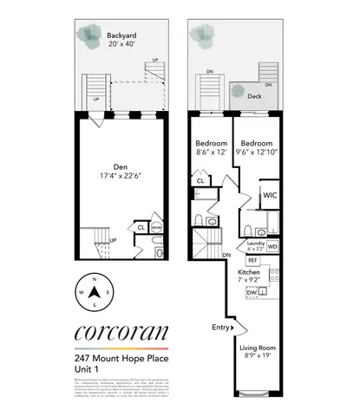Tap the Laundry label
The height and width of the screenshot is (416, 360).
(x=256, y=244)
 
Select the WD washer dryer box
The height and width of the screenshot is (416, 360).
(x=272, y=246)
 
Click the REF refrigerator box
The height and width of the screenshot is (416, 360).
(x=253, y=260)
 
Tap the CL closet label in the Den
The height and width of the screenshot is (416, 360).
(x=141, y=227)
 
